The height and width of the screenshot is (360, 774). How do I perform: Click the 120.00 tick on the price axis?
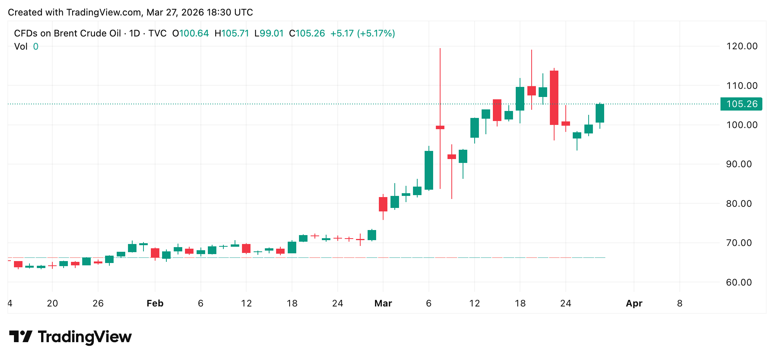click(741, 46)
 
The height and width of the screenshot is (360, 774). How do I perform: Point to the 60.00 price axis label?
click(741, 282)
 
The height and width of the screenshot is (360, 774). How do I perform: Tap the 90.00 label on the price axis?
click(741, 164)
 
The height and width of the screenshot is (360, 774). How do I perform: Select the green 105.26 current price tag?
click(741, 104)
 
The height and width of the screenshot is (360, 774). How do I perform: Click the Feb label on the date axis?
click(155, 303)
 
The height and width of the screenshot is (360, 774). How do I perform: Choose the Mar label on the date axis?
click(383, 303)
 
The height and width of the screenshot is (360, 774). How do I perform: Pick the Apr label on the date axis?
click(634, 303)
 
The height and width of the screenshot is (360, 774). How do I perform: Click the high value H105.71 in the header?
click(232, 33)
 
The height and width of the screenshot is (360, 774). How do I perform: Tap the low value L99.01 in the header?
click(269, 33)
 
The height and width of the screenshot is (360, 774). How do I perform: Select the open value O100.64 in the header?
click(190, 33)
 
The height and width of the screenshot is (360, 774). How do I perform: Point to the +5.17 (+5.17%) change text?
click(363, 33)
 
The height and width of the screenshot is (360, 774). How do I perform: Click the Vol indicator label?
click(21, 47)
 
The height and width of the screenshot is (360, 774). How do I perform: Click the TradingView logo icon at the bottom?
click(21, 336)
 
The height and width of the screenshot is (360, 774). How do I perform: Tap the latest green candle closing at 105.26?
click(600, 113)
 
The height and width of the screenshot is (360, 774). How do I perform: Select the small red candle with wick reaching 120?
click(440, 127)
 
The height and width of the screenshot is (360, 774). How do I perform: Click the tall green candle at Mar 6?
click(429, 170)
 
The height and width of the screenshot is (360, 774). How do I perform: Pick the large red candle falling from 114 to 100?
click(554, 98)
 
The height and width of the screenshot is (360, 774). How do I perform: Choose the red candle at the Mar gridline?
click(383, 204)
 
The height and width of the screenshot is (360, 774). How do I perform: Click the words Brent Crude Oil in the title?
click(87, 33)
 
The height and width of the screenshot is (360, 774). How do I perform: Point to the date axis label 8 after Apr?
click(680, 303)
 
